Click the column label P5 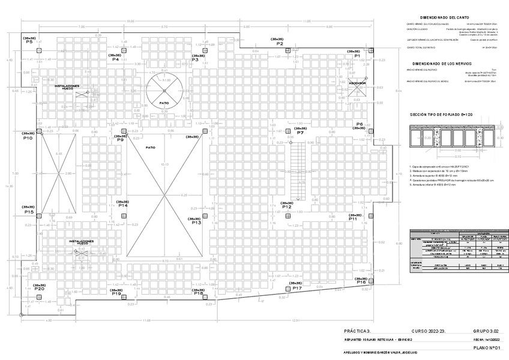[29, 42]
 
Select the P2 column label [280, 44]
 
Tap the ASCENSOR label [358, 83]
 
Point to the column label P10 [28, 138]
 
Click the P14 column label [122, 206]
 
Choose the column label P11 [352, 219]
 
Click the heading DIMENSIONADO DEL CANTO [444, 18]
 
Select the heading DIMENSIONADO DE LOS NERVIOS [442, 63]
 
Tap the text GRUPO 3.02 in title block [486, 331]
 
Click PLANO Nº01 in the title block [486, 347]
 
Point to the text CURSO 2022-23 [430, 331]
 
